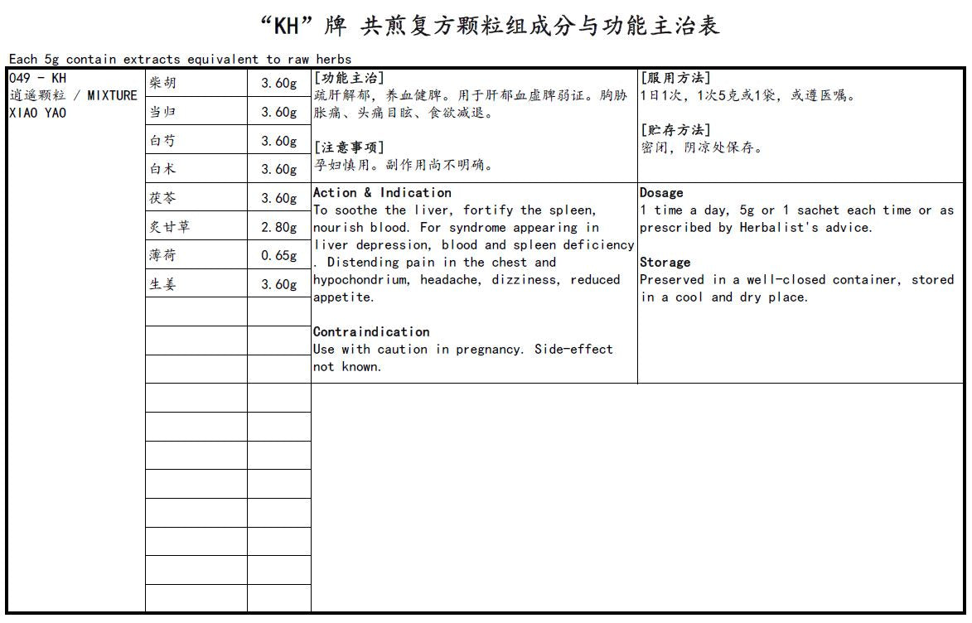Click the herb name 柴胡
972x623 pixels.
162,83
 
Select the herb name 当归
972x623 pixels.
162,112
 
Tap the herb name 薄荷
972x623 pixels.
162,255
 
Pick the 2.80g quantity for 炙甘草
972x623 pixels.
279,227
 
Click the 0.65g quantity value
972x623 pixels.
279,255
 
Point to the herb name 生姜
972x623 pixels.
162,284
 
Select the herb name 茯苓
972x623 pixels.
162,198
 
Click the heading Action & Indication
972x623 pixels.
382,193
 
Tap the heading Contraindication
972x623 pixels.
371,331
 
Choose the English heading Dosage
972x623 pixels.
661,193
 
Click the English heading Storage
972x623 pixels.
665,263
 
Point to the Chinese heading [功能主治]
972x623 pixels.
349,78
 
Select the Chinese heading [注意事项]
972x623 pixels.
349,147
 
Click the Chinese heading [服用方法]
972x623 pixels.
675,78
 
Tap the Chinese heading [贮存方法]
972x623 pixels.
675,130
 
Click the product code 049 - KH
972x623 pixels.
37,79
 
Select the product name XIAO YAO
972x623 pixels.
37,113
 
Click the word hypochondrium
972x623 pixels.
363,280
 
